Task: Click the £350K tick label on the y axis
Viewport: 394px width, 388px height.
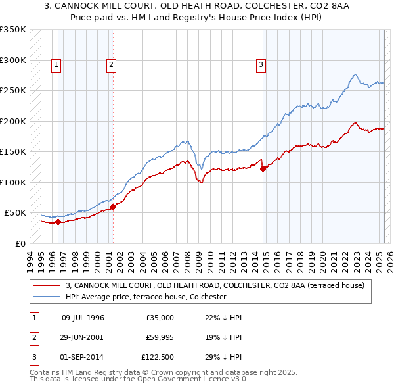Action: click(x=12, y=30)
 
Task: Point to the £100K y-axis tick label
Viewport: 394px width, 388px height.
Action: click(x=12, y=182)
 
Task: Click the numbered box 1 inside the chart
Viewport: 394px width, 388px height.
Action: click(x=56, y=64)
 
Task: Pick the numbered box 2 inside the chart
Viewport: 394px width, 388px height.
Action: click(x=112, y=64)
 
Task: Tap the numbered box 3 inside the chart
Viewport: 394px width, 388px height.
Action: click(x=261, y=64)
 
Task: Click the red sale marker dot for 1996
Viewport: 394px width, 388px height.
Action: click(x=58, y=222)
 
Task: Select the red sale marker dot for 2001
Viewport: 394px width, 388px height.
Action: click(x=113, y=206)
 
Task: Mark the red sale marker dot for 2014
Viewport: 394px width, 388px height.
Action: click(x=263, y=168)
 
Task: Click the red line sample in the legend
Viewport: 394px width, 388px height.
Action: click(x=47, y=285)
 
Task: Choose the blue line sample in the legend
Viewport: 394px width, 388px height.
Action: click(x=47, y=297)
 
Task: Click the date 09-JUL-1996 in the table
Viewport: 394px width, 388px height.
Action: click(x=83, y=318)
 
